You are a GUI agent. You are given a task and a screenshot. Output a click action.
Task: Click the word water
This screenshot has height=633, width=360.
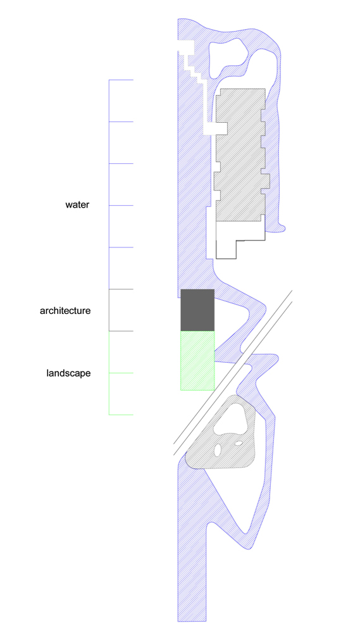pyautogui.click(x=77, y=204)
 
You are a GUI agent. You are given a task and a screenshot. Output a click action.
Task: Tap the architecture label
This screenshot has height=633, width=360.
pyautogui.click(x=65, y=311)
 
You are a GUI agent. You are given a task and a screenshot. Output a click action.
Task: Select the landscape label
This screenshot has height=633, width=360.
pyautogui.click(x=68, y=373)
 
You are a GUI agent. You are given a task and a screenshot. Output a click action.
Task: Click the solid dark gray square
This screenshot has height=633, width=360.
pyautogui.click(x=197, y=310)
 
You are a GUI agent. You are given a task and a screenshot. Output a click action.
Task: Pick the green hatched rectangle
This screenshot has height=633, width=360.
pyautogui.click(x=197, y=361)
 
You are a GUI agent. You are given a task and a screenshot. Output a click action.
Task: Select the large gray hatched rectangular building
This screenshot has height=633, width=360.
pyautogui.click(x=241, y=156)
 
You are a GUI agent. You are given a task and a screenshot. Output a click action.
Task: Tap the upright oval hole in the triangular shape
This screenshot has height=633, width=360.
pyautogui.click(x=218, y=449)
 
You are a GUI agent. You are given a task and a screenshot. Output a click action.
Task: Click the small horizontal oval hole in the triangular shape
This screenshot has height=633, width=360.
pyautogui.click(x=239, y=443)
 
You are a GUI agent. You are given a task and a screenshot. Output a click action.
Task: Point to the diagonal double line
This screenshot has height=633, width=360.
pyautogui.click(x=233, y=373)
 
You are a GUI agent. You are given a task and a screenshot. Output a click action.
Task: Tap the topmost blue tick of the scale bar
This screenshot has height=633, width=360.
pyautogui.click(x=121, y=80)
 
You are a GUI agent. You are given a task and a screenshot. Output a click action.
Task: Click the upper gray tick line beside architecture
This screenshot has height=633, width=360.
pyautogui.click(x=121, y=289)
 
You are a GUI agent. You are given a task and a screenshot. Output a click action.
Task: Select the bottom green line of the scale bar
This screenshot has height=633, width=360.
pyautogui.click(x=121, y=415)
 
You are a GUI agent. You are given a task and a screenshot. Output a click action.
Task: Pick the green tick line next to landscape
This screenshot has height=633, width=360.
pyautogui.click(x=121, y=373)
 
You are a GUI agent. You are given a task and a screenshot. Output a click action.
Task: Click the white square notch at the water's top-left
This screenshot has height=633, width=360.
pyautogui.click(x=186, y=46)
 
